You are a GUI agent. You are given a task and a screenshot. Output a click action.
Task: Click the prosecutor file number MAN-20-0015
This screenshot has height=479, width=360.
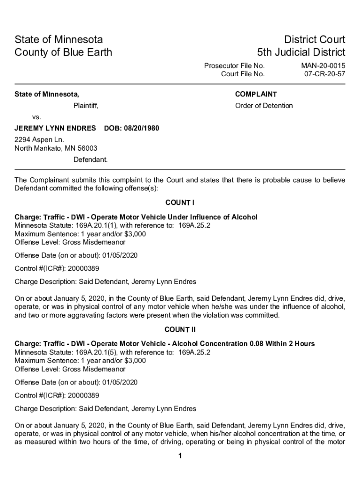(324, 66)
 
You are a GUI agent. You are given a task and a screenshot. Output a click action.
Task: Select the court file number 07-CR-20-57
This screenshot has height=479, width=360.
(324, 74)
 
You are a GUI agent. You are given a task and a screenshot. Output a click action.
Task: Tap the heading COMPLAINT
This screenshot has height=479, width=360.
(256, 94)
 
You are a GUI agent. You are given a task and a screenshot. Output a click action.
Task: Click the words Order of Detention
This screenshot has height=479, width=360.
(264, 106)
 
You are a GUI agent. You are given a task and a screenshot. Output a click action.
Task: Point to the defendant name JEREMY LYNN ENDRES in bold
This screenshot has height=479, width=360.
(55, 128)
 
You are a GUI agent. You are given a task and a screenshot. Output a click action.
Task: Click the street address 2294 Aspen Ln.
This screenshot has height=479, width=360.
(39, 140)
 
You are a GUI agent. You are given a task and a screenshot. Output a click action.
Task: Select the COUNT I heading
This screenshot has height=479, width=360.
(180, 203)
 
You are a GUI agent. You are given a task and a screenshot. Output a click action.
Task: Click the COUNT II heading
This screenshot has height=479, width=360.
(180, 329)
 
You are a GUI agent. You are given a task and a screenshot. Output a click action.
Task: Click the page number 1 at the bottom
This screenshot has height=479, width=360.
(180, 457)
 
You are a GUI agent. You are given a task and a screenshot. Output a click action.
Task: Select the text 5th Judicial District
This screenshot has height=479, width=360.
(301, 52)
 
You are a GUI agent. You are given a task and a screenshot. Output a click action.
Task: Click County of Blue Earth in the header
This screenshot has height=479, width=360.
(63, 52)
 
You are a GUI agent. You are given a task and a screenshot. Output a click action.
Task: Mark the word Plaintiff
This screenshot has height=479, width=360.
(86, 106)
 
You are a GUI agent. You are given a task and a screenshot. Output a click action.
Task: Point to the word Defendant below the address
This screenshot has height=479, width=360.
(90, 160)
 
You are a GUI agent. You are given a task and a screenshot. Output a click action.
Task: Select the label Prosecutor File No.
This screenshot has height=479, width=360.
(234, 66)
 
